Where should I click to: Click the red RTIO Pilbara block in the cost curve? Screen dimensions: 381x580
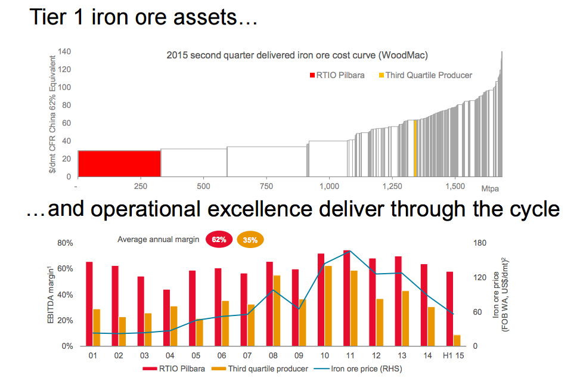click(x=119, y=163)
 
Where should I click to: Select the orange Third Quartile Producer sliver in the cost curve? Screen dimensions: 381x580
click(x=415, y=148)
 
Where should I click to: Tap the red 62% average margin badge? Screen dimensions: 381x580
click(x=219, y=240)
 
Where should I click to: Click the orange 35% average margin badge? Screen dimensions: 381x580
click(x=250, y=240)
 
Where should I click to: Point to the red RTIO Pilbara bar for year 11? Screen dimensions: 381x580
click(x=346, y=298)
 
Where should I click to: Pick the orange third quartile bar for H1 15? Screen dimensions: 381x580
click(x=457, y=340)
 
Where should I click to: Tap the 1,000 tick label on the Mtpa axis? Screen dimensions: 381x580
click(x=329, y=186)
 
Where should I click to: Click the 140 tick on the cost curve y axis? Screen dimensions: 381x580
click(x=64, y=52)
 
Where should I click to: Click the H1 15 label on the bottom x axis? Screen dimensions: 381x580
click(x=454, y=356)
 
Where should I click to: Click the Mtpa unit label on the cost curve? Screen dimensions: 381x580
click(x=489, y=189)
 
